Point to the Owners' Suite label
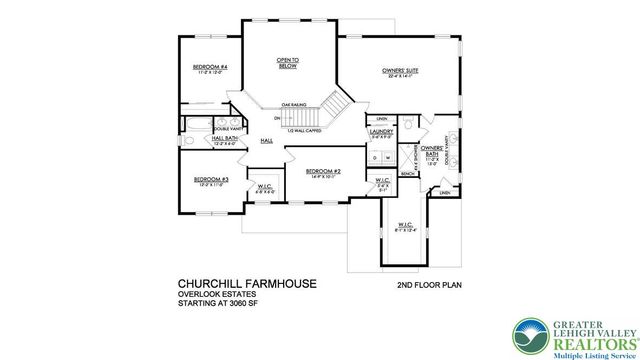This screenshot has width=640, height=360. (x=399, y=71)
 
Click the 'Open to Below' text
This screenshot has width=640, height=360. (x=289, y=63)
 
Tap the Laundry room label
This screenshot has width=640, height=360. (x=380, y=131)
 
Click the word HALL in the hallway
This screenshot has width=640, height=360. (x=267, y=141)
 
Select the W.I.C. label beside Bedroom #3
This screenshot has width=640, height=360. (x=264, y=186)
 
